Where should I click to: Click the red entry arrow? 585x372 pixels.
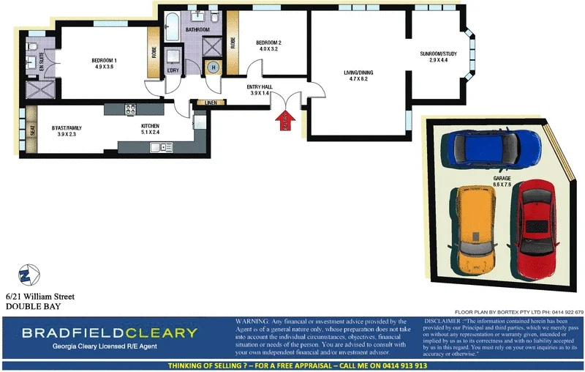click(284, 122)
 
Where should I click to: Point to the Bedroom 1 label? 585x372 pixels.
click(104, 64)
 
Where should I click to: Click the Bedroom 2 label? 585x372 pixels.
click(268, 46)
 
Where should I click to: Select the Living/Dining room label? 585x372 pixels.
click(358, 75)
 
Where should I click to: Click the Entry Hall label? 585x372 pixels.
click(260, 90)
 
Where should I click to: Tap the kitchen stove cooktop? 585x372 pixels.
click(130, 110)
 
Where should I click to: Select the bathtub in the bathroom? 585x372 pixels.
click(173, 27)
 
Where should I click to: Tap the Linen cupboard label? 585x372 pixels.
click(211, 103)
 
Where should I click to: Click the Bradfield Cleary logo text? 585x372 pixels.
click(110, 333)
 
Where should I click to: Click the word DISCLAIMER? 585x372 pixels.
click(442, 321)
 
